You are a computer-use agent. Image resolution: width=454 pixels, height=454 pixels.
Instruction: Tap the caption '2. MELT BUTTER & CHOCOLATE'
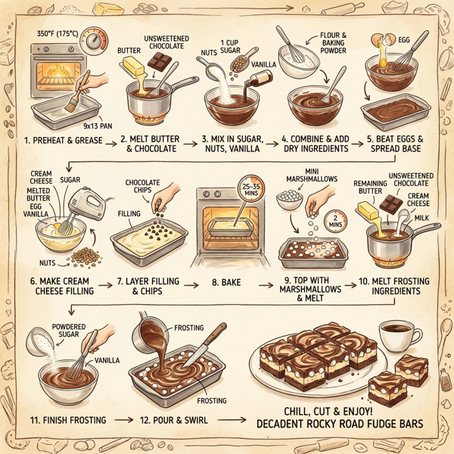148,145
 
